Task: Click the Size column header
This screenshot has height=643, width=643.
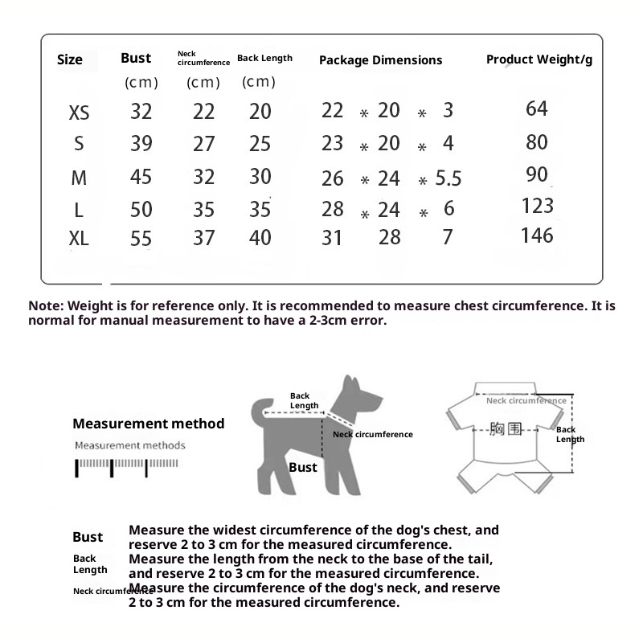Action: point(70,60)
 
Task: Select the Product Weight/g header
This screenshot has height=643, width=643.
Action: point(539,60)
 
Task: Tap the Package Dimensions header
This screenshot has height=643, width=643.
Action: point(380,60)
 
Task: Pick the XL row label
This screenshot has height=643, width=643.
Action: point(79,239)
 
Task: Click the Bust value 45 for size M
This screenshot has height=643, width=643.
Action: point(141,177)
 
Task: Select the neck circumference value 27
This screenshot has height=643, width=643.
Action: point(204,144)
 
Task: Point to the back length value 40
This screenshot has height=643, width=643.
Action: point(260,238)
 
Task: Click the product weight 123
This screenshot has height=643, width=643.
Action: point(538,206)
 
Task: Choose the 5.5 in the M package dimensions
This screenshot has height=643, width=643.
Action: point(448,178)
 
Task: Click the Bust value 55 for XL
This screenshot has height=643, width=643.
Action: point(141,239)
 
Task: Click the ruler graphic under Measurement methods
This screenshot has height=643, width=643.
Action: point(127,466)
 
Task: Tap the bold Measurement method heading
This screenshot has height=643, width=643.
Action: point(149,424)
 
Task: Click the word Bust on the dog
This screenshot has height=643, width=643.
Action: point(303,467)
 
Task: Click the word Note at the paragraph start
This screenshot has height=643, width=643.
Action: point(45,306)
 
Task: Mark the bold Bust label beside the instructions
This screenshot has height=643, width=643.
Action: point(88,537)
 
